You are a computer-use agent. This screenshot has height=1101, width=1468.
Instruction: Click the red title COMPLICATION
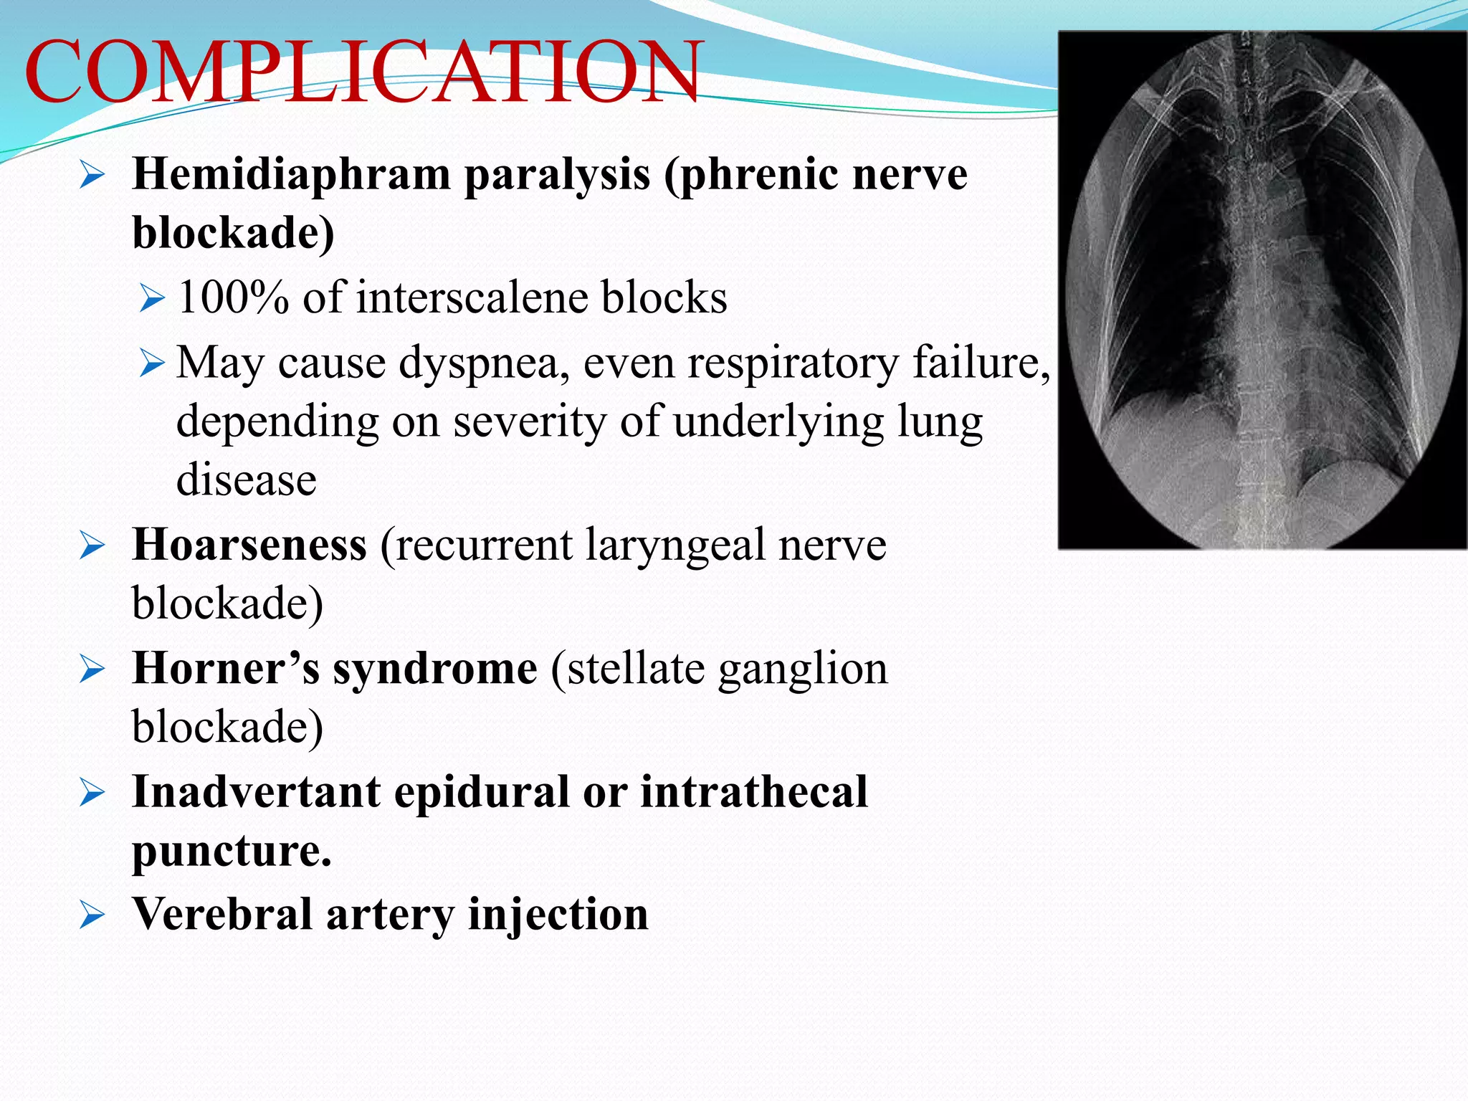pos(362,72)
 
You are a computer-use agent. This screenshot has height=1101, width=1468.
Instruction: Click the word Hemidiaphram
pos(291,175)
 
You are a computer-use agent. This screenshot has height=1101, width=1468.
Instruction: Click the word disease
pos(246,480)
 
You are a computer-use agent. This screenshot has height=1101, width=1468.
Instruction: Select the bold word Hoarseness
pos(249,545)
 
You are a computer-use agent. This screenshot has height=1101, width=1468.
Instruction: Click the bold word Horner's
pos(226,669)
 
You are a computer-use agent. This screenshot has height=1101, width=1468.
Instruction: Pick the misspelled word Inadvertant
pos(256,793)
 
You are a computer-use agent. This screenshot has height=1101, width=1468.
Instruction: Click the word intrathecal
pos(753,793)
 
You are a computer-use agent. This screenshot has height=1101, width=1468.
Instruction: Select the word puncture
pos(232,852)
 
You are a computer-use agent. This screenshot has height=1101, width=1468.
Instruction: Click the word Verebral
pos(222,915)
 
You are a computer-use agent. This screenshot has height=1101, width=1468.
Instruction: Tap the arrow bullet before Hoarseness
pos(92,547)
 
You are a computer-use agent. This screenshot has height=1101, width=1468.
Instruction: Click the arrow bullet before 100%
pos(152,298)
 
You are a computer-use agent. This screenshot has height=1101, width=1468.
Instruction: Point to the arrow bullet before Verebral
pos(92,916)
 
